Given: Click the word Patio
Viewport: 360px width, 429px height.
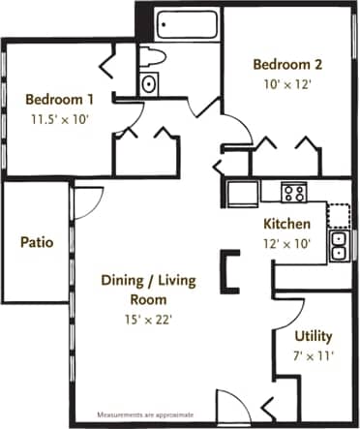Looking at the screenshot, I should point(36,241).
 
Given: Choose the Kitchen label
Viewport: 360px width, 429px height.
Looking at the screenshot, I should point(287,225).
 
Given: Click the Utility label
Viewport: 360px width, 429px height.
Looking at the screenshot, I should point(314,336).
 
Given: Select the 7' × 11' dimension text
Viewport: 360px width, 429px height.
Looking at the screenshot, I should point(314,354).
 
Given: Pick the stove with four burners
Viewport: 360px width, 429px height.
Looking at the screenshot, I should point(293,192).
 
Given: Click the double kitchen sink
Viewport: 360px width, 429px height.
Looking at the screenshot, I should point(339,246).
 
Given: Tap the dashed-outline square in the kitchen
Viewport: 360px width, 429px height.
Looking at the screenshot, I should point(338,215).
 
